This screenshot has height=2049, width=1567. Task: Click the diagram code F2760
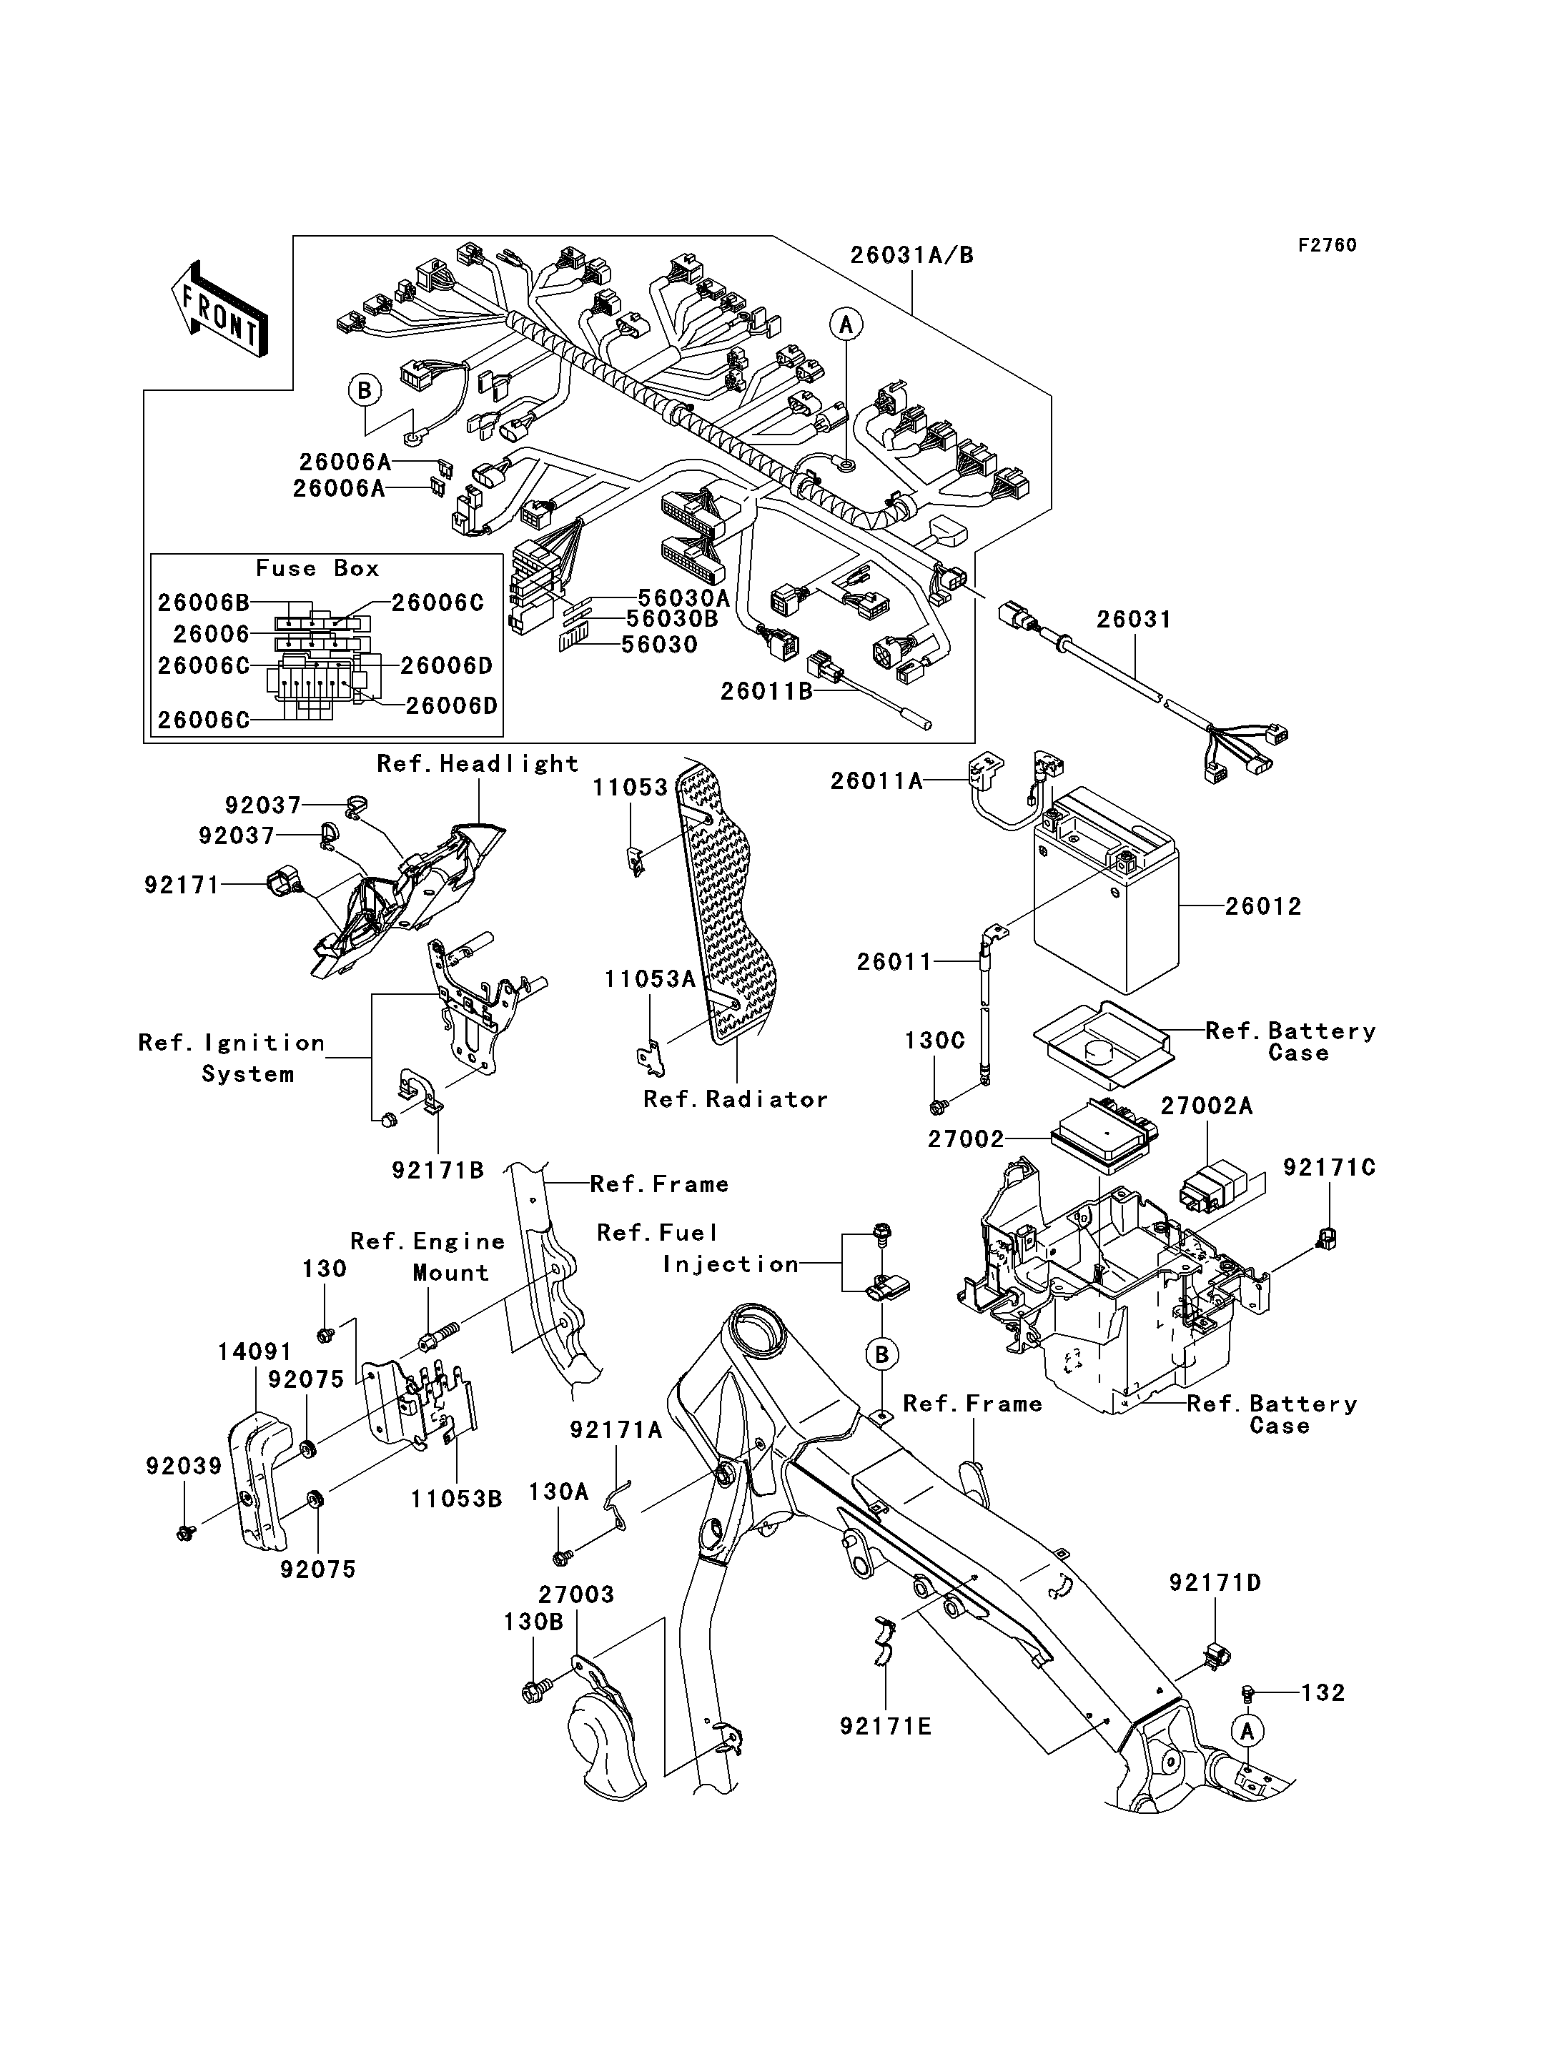[1328, 245]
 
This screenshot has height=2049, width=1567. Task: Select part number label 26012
[1263, 906]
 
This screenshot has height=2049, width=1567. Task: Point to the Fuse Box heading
[317, 568]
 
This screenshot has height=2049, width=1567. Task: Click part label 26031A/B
[911, 256]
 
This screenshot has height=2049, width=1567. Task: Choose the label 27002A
[1206, 1106]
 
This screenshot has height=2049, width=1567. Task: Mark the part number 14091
[254, 1351]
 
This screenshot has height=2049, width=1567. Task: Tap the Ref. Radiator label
[735, 1100]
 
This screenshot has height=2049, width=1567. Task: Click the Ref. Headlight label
[478, 764]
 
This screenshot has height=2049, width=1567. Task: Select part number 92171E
[885, 1726]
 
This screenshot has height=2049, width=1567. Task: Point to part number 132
[1323, 1693]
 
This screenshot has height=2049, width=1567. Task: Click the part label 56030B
[671, 618]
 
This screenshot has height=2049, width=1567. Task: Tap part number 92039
[184, 1466]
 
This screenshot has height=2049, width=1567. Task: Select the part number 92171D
[1215, 1583]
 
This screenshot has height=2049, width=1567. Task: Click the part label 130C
[934, 1041]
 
